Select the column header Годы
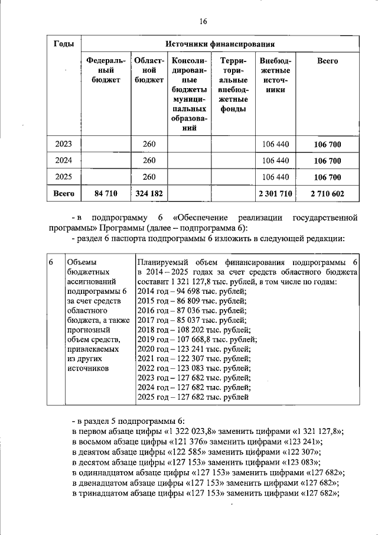[63, 44]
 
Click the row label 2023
[63, 144]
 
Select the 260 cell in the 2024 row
[149, 160]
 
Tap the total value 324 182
[149, 193]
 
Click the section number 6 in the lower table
[51, 262]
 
